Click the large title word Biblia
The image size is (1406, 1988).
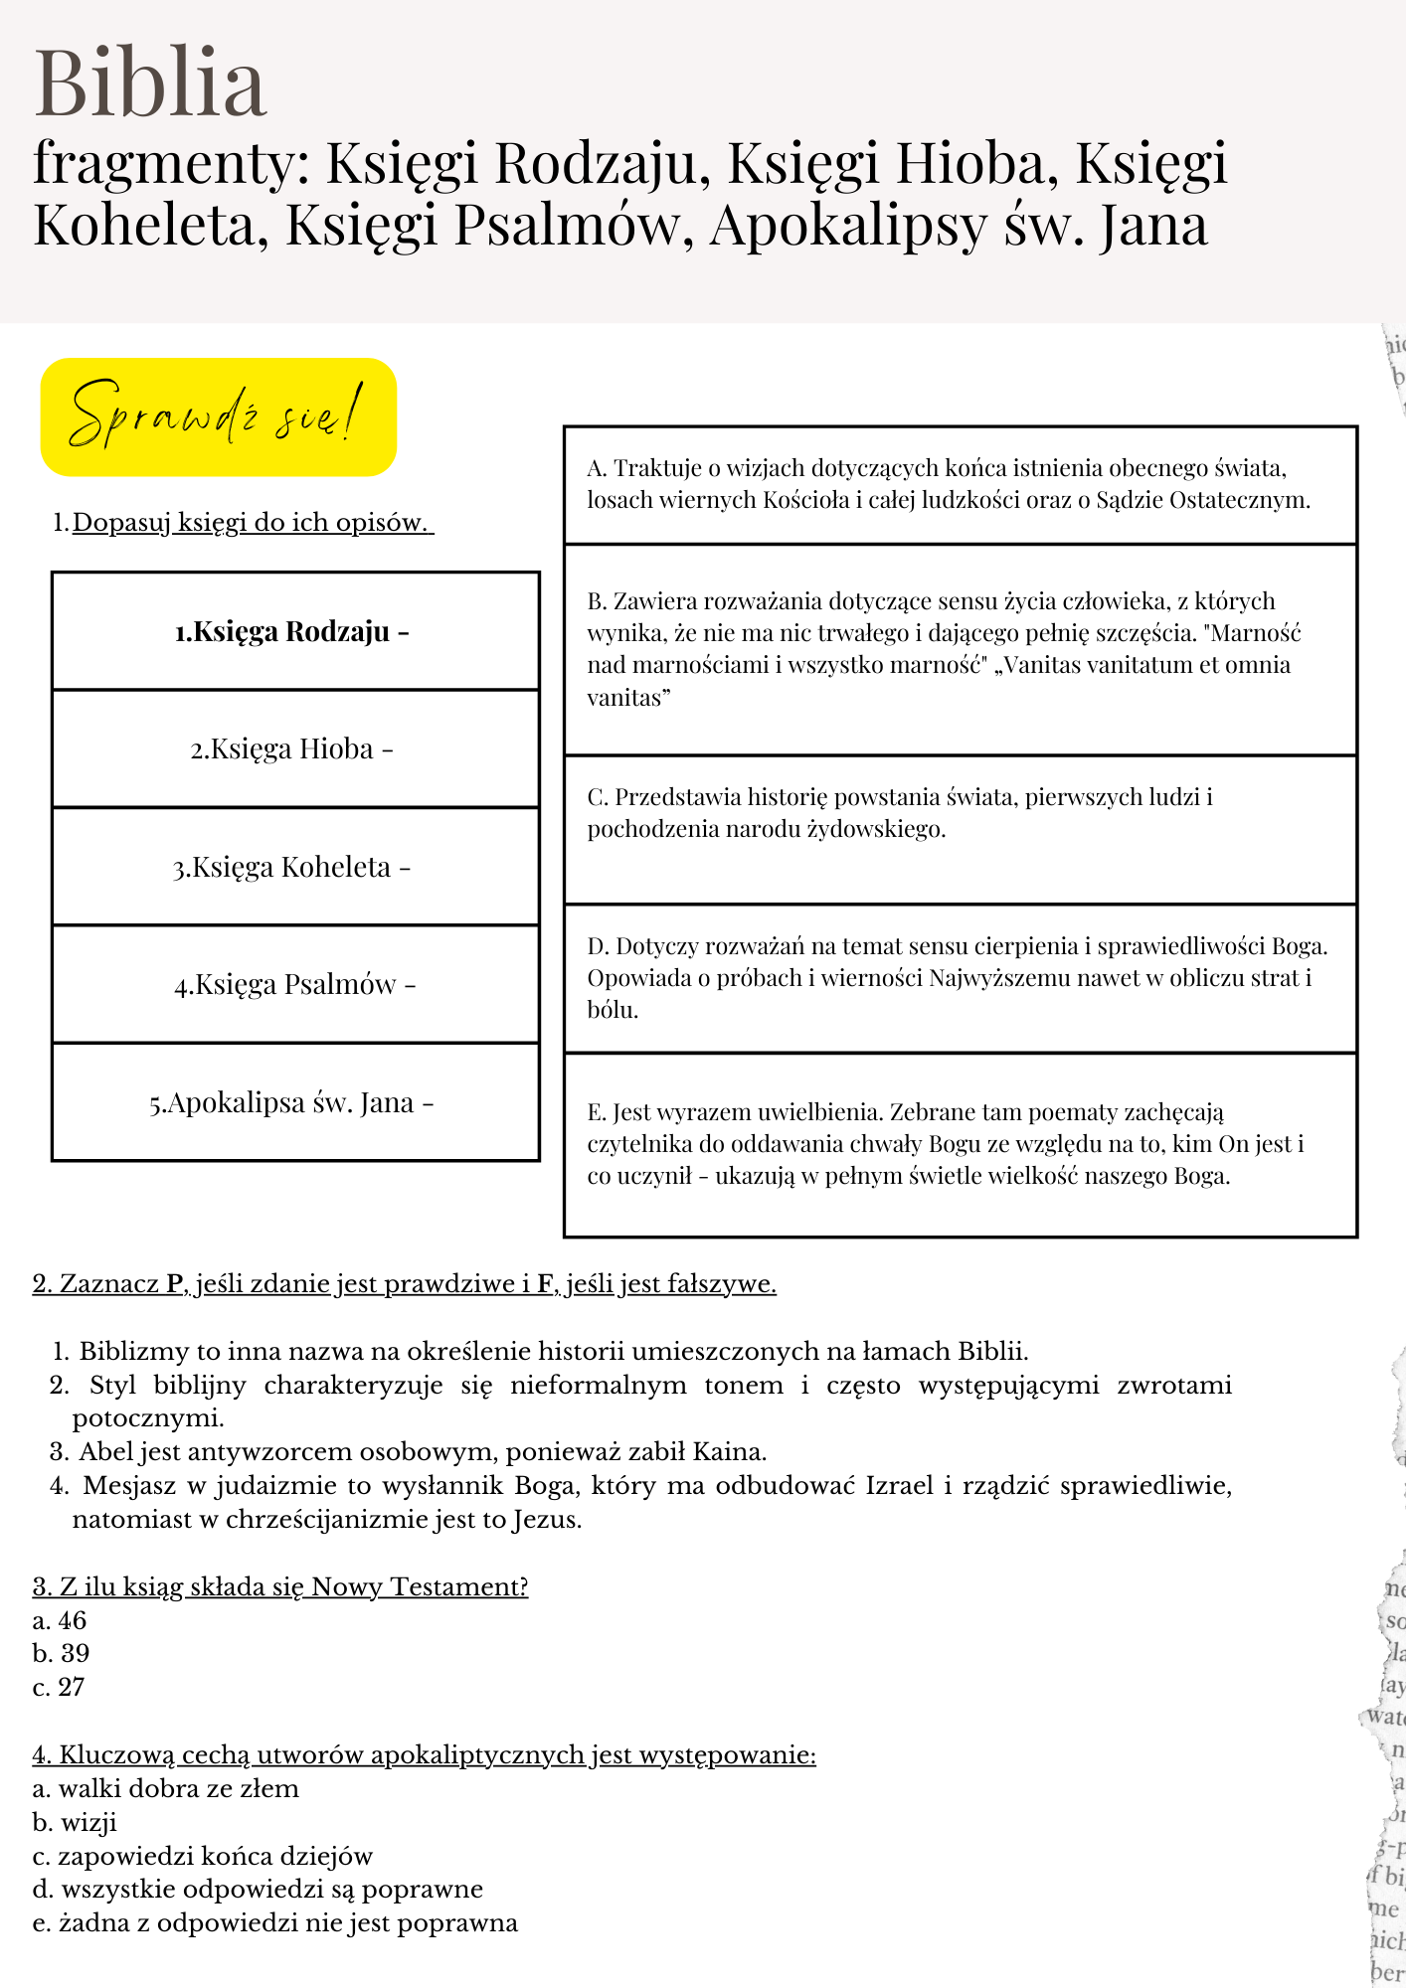coord(150,83)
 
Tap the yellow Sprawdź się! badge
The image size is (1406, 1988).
coord(218,416)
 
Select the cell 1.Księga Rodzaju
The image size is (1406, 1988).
coord(294,631)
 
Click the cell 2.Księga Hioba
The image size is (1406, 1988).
coord(294,748)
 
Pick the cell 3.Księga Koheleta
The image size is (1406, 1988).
coord(294,867)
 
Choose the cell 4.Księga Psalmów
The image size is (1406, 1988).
coord(294,984)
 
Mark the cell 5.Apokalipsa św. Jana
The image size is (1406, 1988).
coord(294,1102)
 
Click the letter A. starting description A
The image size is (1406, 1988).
coord(597,468)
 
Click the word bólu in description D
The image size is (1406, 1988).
coord(612,1011)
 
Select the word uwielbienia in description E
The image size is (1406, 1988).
coord(820,1112)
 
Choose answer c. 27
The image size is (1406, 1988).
coord(59,1687)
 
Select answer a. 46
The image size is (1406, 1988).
coord(60,1620)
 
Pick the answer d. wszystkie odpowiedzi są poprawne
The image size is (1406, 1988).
coord(258,1889)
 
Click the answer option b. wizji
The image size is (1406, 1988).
coord(75,1822)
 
